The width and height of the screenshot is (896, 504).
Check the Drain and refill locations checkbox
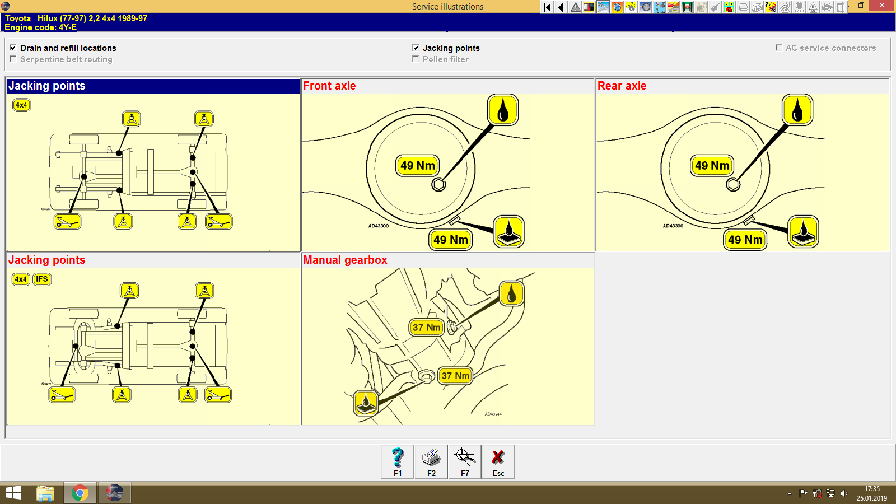pyautogui.click(x=13, y=48)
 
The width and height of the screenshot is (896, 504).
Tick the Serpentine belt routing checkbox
pyautogui.click(x=13, y=59)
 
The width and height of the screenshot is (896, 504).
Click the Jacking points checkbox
pyautogui.click(x=416, y=48)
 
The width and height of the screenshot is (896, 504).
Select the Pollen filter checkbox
pyautogui.click(x=416, y=59)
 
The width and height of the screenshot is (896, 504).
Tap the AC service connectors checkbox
pyautogui.click(x=778, y=48)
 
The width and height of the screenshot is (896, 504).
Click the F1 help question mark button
pyautogui.click(x=398, y=461)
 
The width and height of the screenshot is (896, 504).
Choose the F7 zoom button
pyautogui.click(x=465, y=461)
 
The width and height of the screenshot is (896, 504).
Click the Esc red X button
pyautogui.click(x=498, y=461)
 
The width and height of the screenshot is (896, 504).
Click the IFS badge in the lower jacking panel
pyautogui.click(x=42, y=279)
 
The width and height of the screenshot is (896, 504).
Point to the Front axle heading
pyautogui.click(x=329, y=86)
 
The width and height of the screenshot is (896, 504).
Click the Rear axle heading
pyautogui.click(x=622, y=86)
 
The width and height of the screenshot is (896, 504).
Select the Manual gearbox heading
pyautogui.click(x=345, y=260)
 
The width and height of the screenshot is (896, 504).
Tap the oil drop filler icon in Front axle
pyautogui.click(x=503, y=110)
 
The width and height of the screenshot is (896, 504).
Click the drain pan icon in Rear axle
pyautogui.click(x=803, y=232)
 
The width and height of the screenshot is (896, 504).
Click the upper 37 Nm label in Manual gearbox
pyautogui.click(x=427, y=328)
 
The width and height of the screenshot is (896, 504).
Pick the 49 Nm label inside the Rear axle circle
pyautogui.click(x=712, y=166)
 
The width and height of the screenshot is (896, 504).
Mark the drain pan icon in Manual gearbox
pyautogui.click(x=366, y=403)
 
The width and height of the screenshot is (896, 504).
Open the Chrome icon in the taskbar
pyautogui.click(x=80, y=493)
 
